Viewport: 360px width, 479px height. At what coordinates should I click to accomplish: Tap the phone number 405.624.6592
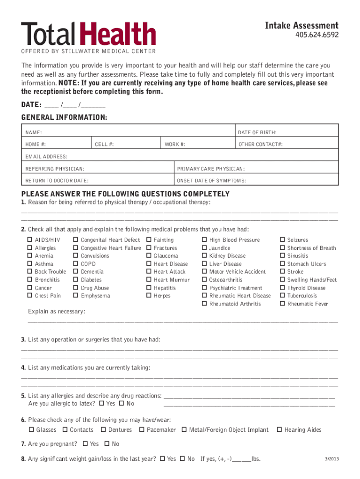317,35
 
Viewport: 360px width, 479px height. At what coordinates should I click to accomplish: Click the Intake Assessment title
302,25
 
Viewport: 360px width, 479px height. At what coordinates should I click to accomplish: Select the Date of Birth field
286,133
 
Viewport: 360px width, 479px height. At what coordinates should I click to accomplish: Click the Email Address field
180,156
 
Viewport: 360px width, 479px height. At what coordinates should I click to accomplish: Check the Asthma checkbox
30,264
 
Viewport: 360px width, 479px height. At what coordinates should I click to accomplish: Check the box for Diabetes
76,280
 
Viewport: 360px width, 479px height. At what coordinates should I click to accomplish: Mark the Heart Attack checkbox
149,272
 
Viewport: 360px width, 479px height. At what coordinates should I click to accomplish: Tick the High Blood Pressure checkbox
204,240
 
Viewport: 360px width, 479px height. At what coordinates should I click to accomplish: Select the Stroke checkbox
282,272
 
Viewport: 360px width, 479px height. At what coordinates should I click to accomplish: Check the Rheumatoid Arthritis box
204,304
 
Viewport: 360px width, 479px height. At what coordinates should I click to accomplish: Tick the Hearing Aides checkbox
280,430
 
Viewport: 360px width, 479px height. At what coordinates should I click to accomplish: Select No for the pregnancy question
107,444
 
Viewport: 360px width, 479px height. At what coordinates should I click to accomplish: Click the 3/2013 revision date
331,459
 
